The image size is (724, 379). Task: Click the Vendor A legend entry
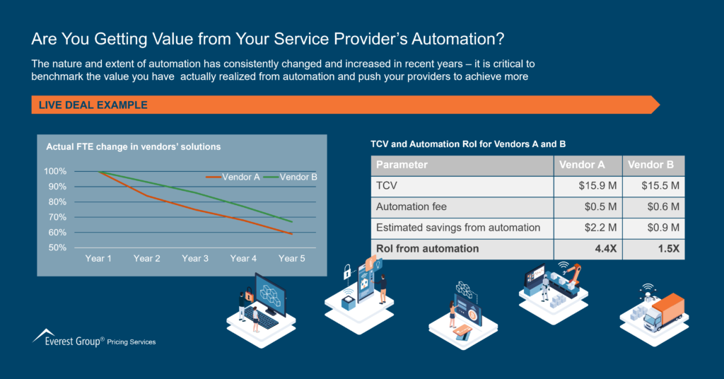pyautogui.click(x=233, y=177)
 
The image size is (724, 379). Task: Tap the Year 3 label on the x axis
pyautogui.click(x=195, y=259)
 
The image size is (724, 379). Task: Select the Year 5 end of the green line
pyautogui.click(x=292, y=221)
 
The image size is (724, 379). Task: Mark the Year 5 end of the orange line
pyautogui.click(x=292, y=234)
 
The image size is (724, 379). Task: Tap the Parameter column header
pyautogui.click(x=402, y=165)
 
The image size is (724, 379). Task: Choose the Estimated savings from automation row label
pyautogui.click(x=458, y=228)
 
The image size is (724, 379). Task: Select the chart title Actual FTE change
pyautogui.click(x=134, y=147)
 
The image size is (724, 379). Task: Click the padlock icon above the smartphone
pyautogui.click(x=347, y=272)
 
